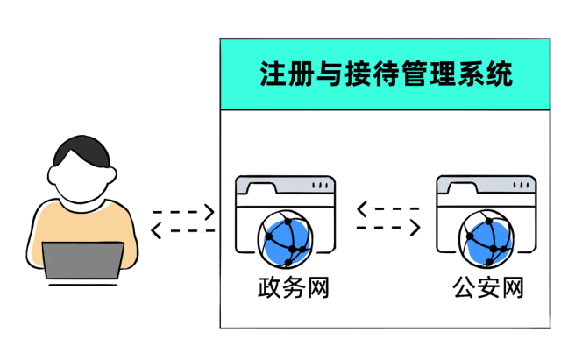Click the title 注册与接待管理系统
387,74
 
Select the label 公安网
487,287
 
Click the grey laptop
83,260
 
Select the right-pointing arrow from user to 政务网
183,213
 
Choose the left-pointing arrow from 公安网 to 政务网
388,209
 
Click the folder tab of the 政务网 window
263,186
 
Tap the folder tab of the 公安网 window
464,186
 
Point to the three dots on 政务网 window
322,186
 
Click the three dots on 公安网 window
522,186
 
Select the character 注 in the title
273,74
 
